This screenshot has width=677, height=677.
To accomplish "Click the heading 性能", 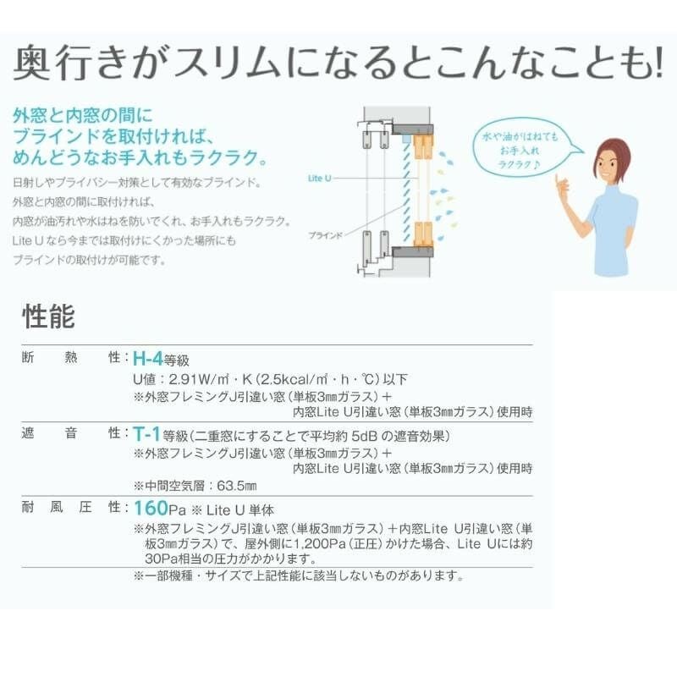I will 48,316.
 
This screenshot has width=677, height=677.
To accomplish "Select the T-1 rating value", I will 147,434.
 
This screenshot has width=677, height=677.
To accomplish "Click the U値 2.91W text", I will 192,379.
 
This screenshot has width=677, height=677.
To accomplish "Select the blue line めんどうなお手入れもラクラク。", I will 141,157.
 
